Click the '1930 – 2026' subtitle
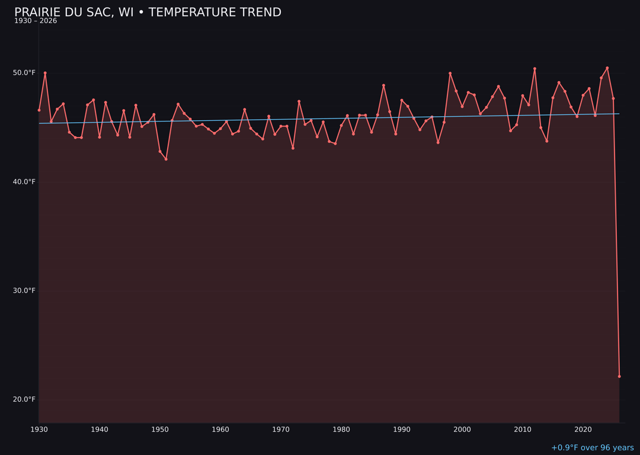click(x=36, y=21)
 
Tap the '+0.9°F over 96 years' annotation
click(x=592, y=448)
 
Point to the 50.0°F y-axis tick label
click(x=24, y=73)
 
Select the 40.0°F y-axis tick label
click(x=24, y=182)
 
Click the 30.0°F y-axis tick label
click(x=24, y=290)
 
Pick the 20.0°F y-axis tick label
click(x=24, y=399)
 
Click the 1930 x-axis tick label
click(x=39, y=430)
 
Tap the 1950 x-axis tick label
click(x=160, y=430)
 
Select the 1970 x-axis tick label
click(x=281, y=430)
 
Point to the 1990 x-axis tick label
click(x=402, y=430)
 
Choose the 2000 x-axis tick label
click(x=462, y=430)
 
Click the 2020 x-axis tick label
click(x=583, y=430)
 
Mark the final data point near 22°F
click(x=619, y=376)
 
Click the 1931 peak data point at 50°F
click(x=45, y=73)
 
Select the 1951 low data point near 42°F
click(x=166, y=159)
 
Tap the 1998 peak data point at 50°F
click(x=450, y=73)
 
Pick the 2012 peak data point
click(x=535, y=69)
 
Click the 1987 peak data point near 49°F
click(x=383, y=85)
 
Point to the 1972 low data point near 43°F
click(x=293, y=148)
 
